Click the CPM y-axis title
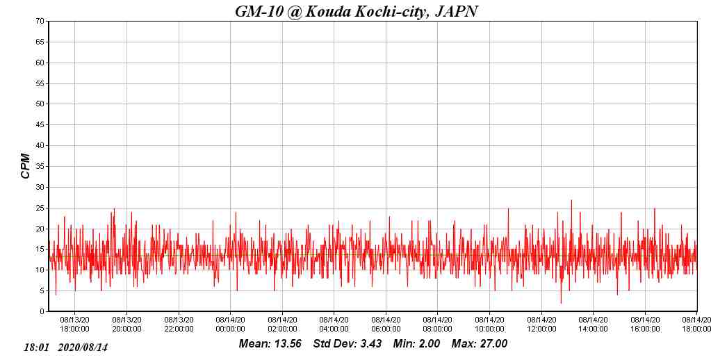26,166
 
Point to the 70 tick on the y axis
41,22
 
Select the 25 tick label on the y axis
41,208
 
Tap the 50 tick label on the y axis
41,104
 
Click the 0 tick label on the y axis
43,312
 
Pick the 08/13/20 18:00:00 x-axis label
74,325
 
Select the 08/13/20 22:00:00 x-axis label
179,325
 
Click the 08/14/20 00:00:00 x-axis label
230,325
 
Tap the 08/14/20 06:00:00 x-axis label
386,325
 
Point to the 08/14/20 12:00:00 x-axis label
541,325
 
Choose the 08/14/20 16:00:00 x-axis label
645,325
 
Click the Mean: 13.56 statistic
270,344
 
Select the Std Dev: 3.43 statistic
347,344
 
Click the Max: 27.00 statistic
480,344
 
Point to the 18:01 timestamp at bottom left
36,347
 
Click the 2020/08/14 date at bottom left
83,347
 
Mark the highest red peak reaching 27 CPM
571,201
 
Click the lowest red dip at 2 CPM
561,303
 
